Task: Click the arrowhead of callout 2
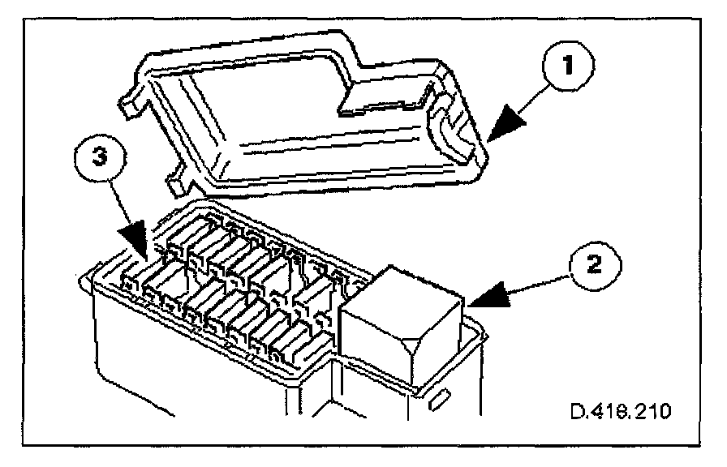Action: click(480, 302)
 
